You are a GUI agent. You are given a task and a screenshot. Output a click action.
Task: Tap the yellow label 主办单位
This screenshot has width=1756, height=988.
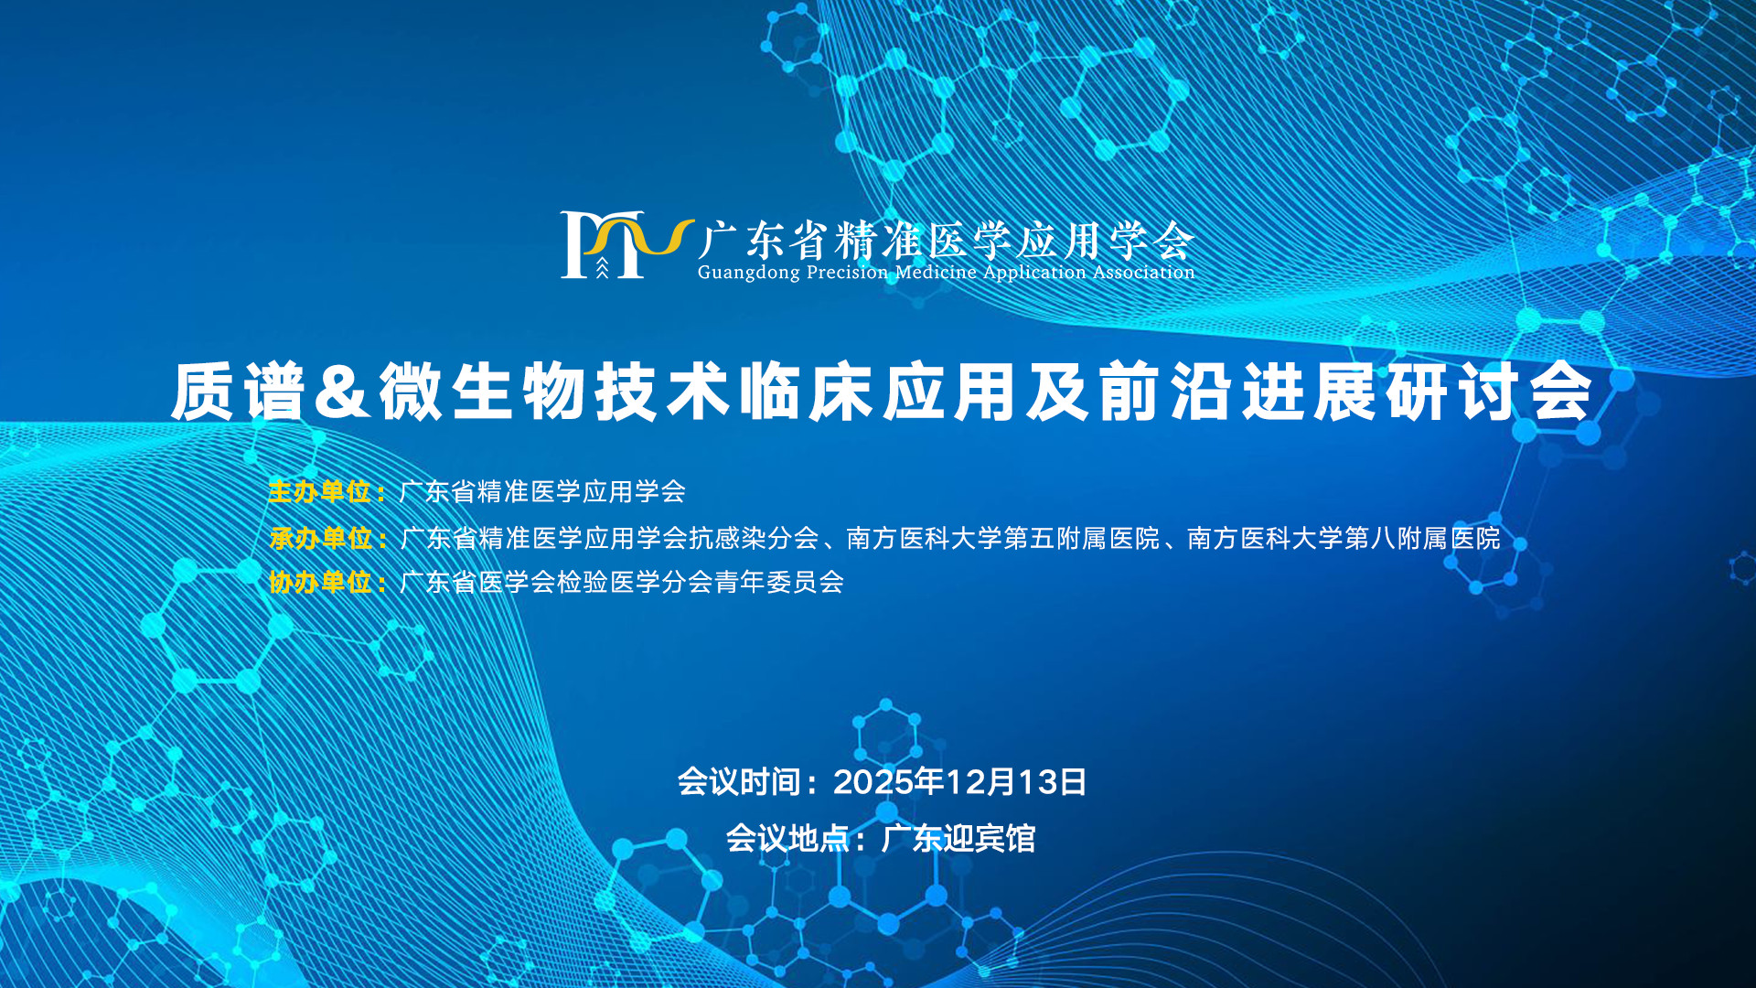[319, 492]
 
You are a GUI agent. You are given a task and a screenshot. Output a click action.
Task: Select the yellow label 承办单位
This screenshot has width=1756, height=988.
[320, 538]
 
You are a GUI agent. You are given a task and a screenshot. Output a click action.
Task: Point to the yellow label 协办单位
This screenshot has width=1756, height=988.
[320, 582]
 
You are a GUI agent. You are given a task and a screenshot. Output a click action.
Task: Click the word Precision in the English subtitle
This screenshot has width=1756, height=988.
[847, 272]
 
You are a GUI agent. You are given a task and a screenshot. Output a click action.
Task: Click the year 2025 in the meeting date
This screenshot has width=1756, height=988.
[873, 782]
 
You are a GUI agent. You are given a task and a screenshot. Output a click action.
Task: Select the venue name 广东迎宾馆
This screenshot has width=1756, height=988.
[958, 838]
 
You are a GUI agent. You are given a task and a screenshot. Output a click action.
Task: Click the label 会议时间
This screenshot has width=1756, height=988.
[738, 782]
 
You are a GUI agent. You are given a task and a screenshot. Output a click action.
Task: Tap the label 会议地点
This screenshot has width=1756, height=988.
[787, 838]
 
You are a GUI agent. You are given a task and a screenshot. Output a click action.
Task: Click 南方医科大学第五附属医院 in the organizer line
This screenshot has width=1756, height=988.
[1003, 538]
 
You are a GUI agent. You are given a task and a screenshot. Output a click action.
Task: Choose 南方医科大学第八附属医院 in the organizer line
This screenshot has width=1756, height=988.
[1344, 538]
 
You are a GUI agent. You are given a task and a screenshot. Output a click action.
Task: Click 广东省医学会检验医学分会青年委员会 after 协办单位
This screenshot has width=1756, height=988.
[622, 582]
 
